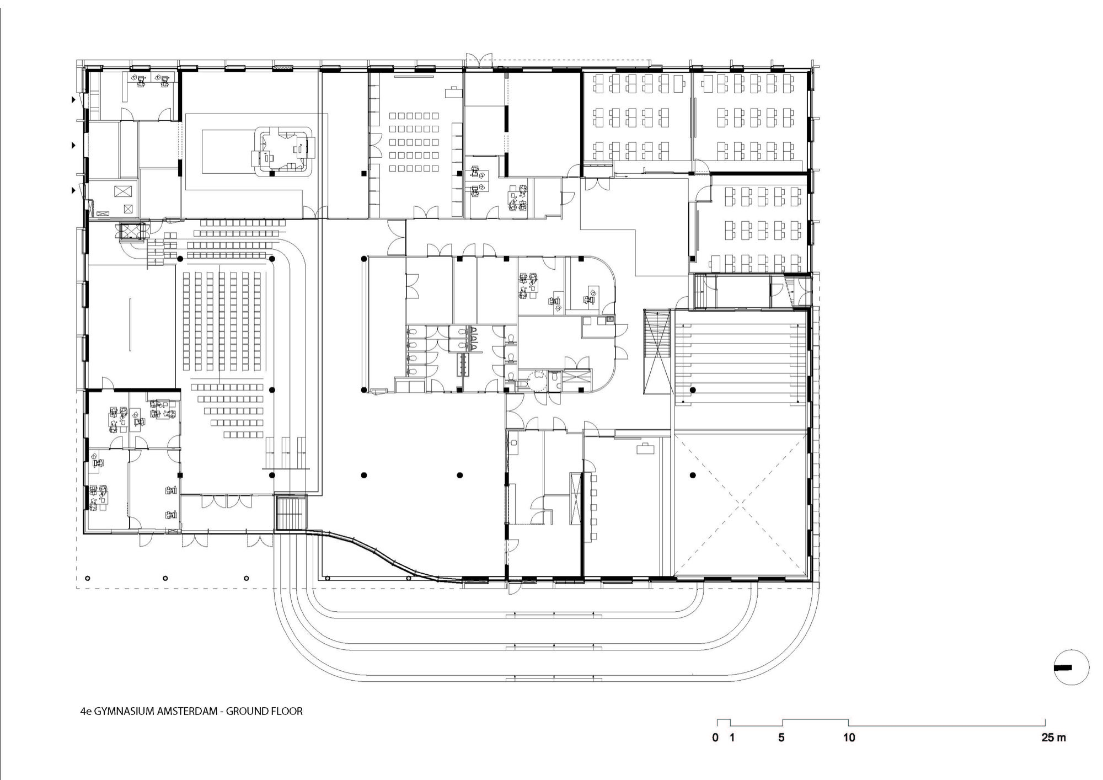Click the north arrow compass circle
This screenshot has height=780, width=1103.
click(1071, 667)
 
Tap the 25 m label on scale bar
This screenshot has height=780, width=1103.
click(1053, 738)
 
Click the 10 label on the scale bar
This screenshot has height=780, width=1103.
click(849, 738)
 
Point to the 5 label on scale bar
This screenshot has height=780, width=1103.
click(781, 738)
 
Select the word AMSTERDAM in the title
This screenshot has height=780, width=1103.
click(188, 711)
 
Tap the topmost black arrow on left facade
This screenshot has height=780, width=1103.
click(72, 100)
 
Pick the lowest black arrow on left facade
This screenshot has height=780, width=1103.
click(72, 190)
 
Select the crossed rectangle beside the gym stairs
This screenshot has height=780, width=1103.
click(657, 352)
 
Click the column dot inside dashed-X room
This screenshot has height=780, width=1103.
click(693, 475)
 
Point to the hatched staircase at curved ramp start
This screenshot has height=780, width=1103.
click(291, 512)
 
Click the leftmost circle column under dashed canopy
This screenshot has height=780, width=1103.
click(87, 578)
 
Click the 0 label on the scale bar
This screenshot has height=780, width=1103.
click(715, 738)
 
